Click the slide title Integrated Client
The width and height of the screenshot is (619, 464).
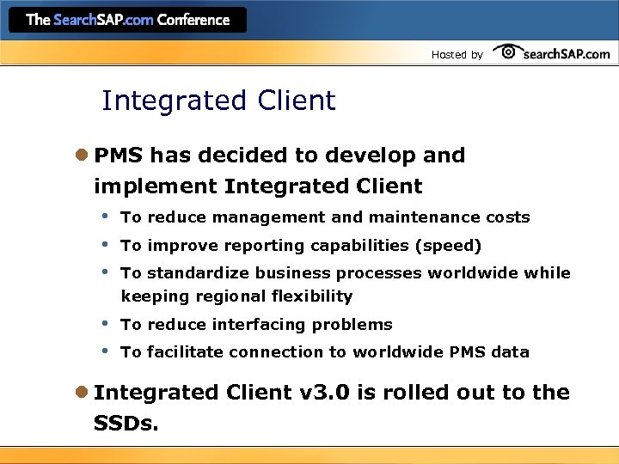(x=218, y=101)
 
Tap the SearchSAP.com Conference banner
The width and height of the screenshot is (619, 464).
(x=128, y=19)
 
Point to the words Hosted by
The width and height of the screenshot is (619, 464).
(x=457, y=54)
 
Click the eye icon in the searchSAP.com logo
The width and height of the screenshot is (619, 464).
(x=508, y=52)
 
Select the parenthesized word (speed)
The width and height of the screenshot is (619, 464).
(x=448, y=246)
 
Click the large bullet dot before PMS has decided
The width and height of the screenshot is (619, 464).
(x=82, y=156)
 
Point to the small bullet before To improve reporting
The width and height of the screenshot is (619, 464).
(x=104, y=244)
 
